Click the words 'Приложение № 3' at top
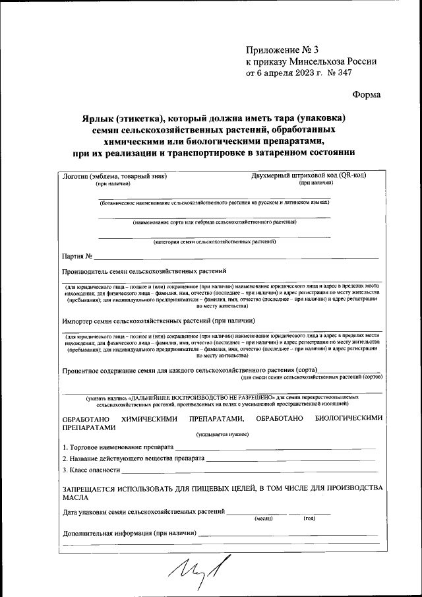(x=282, y=49)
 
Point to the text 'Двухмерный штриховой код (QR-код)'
(x=309, y=175)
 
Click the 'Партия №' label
(x=76, y=256)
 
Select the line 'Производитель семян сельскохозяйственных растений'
(x=144, y=271)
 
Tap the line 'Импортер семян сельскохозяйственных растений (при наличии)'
(x=158, y=321)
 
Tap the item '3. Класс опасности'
(x=91, y=470)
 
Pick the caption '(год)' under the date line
(x=309, y=518)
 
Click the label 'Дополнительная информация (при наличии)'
(x=129, y=533)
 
